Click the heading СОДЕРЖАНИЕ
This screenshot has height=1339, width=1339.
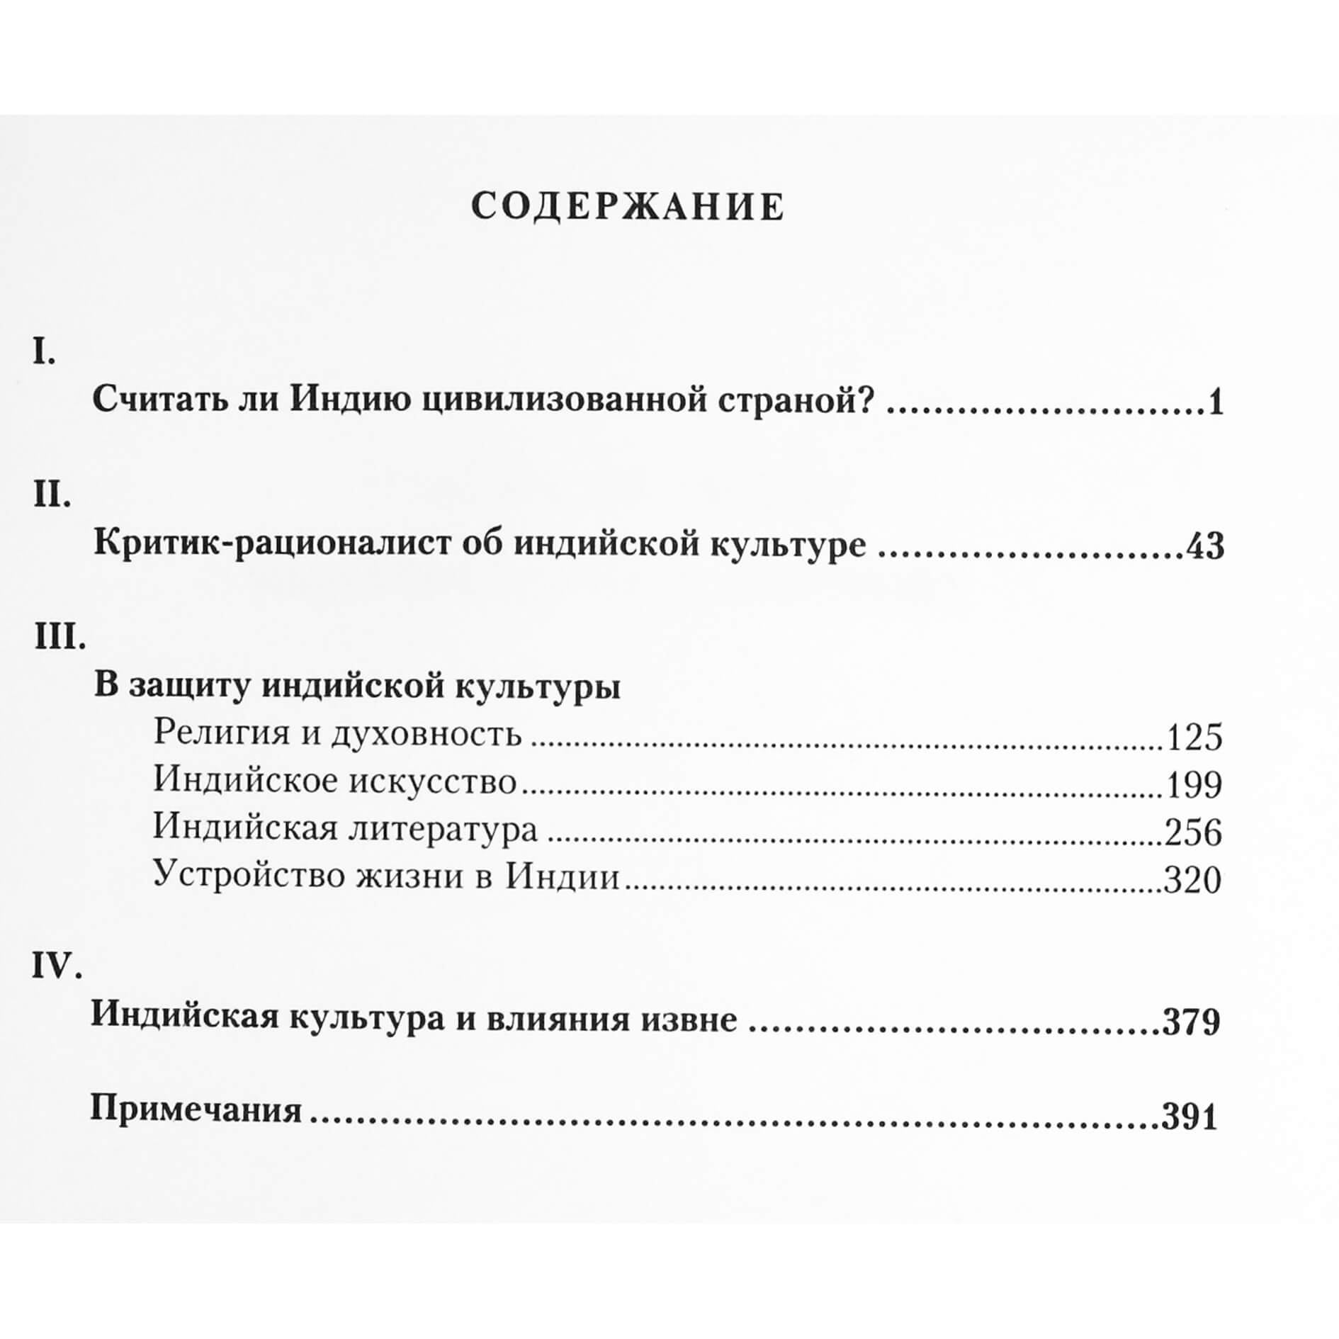(628, 208)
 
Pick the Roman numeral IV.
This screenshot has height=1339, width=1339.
(57, 965)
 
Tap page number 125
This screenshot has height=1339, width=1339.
(1194, 738)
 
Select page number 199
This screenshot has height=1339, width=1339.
(1194, 785)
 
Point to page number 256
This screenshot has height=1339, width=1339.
(1194, 832)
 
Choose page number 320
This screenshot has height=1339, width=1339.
(1194, 880)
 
